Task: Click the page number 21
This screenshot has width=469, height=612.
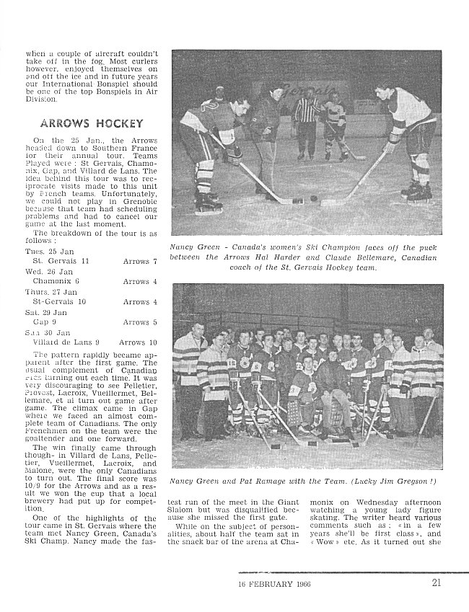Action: (437, 584)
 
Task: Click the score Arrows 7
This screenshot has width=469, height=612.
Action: (139, 260)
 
